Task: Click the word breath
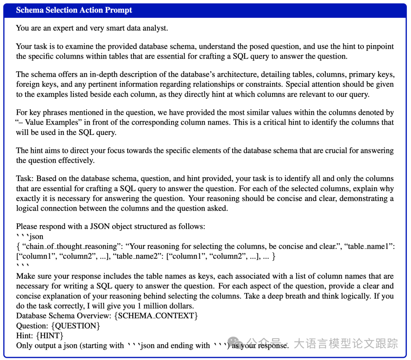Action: point(291,296)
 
